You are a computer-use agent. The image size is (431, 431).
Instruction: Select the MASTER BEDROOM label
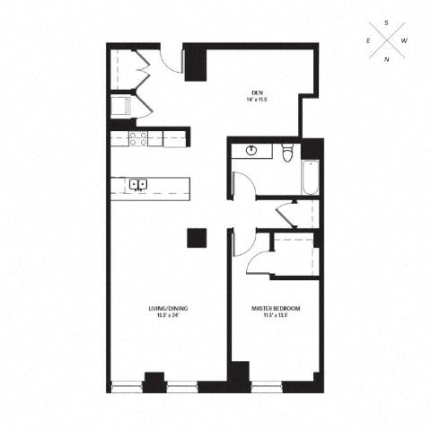[276, 309]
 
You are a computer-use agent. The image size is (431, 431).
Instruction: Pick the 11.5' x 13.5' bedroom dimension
[276, 316]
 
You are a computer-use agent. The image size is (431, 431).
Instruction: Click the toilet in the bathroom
[286, 154]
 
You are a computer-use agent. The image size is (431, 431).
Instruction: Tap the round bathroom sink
[251, 151]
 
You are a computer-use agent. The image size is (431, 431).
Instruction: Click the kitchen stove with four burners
[139, 138]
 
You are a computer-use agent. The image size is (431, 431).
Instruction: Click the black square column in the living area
[197, 238]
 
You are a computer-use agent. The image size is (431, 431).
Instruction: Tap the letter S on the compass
[386, 22]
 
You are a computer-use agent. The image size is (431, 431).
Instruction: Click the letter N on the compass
[386, 60]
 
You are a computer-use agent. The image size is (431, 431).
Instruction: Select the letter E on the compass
[367, 41]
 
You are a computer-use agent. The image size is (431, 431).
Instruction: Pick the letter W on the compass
[405, 41]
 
